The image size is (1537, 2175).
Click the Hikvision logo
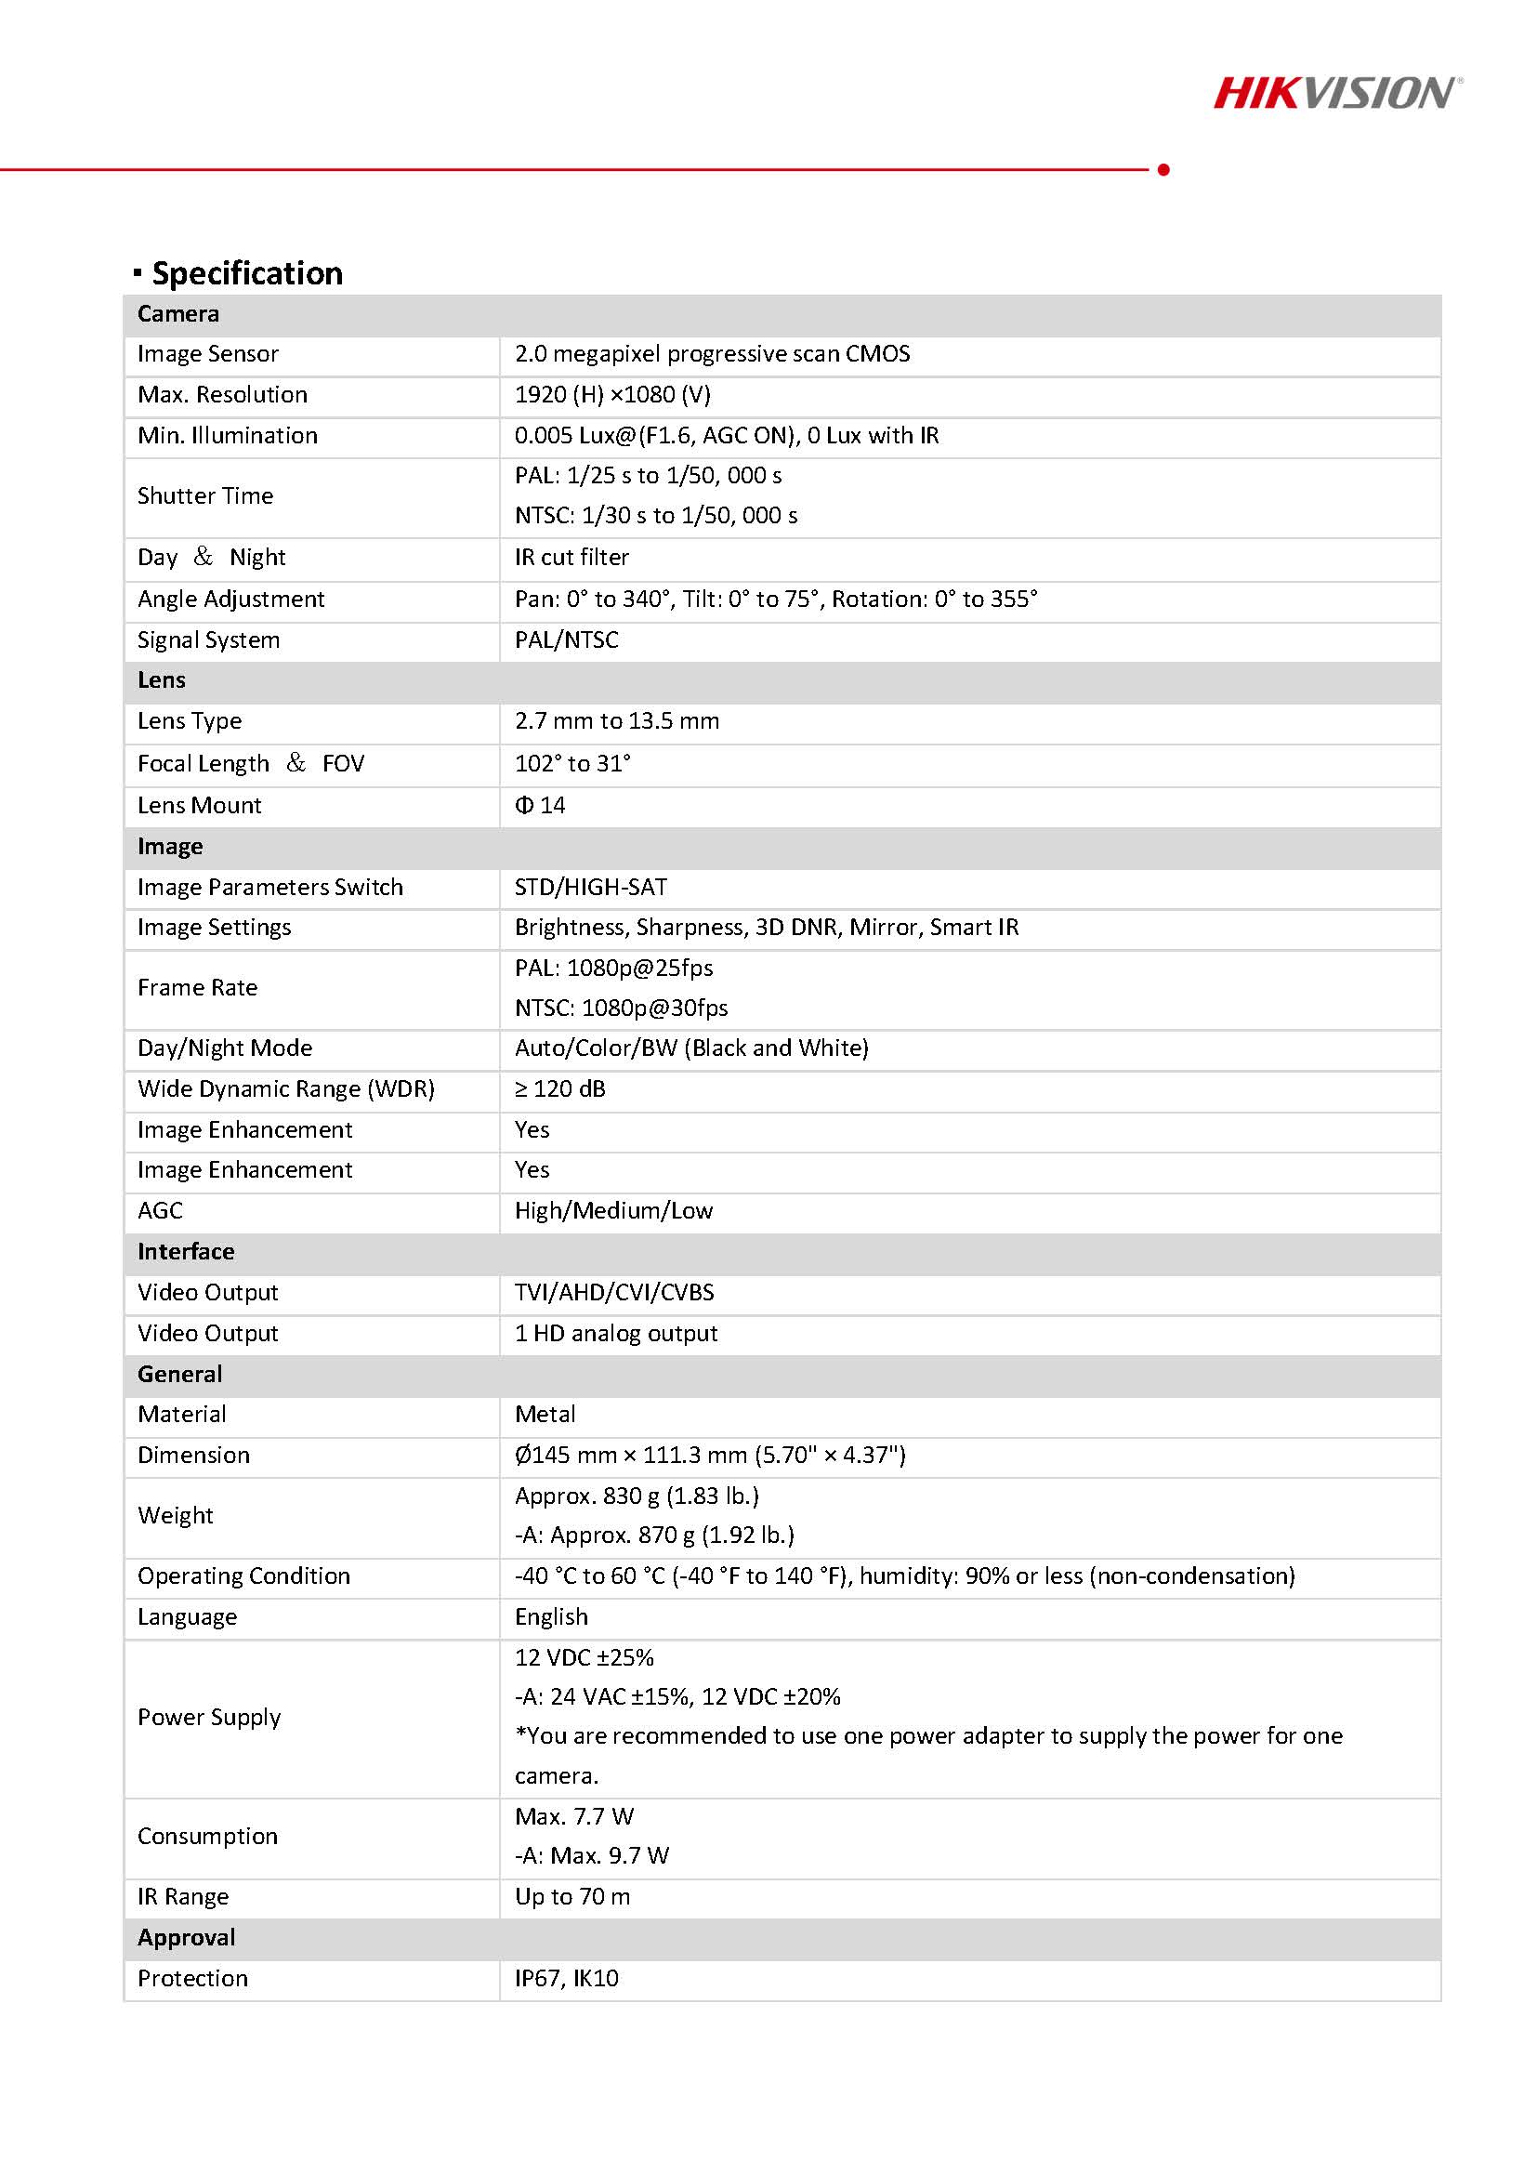[1336, 93]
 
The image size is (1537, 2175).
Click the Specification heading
[246, 273]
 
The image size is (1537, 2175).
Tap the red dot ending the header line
[1163, 169]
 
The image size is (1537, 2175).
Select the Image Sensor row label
[207, 354]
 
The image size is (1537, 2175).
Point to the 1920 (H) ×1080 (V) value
[611, 395]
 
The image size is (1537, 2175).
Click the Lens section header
[161, 680]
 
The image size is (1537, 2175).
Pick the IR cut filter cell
[571, 557]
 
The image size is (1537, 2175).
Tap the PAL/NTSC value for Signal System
[566, 640]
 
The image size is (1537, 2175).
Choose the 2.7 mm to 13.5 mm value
[616, 721]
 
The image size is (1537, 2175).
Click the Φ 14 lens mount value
[540, 805]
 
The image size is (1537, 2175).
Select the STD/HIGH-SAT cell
[591, 888]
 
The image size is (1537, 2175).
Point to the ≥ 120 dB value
[559, 1089]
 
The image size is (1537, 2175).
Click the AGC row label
[160, 1210]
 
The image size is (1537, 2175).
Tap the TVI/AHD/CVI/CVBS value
[613, 1293]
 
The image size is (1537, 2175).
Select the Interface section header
[186, 1251]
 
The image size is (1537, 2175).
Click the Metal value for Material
[545, 1415]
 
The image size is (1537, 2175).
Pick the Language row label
[187, 1617]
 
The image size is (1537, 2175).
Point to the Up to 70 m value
[572, 1897]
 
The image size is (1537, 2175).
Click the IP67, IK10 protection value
[566, 1979]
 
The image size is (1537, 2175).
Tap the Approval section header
[186, 1938]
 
